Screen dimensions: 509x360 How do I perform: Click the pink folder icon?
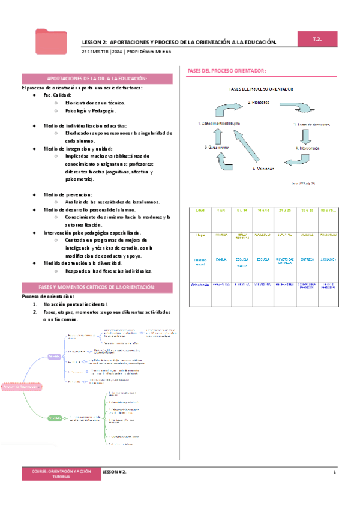point(51,41)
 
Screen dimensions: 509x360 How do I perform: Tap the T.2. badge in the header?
point(318,38)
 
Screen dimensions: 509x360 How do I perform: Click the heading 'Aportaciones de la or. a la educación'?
point(97,79)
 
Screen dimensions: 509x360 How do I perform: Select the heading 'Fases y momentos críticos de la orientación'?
point(97,288)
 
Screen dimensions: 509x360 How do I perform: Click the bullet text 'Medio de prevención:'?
point(68,194)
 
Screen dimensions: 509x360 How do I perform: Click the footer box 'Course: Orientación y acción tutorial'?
point(58,474)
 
